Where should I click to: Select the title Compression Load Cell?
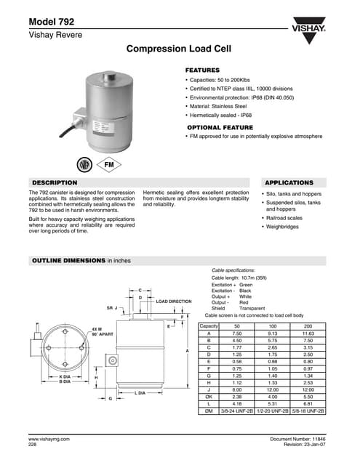tap(179, 50)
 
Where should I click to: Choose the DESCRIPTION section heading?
tap(55, 182)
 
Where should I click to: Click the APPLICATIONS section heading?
tap(289, 182)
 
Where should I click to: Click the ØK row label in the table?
tap(209, 397)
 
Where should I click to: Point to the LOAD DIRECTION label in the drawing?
tap(174, 301)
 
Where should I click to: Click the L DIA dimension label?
tap(141, 392)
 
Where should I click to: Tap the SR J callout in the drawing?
tap(111, 308)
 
